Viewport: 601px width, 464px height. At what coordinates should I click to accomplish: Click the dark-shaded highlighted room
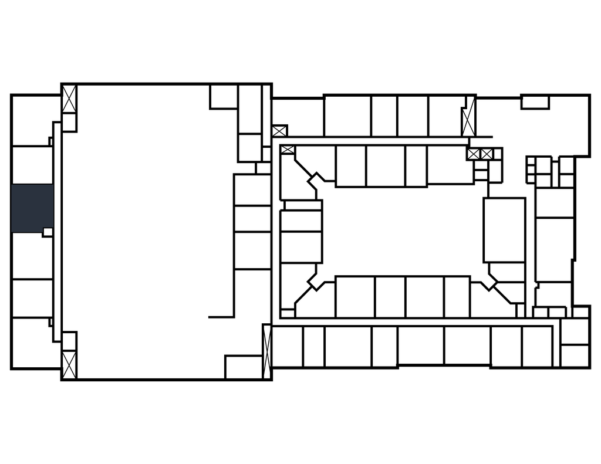coord(32,208)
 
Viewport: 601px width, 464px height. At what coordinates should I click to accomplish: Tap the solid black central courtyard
coord(403,230)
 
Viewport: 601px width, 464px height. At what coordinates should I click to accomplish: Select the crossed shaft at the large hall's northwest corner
coord(69,99)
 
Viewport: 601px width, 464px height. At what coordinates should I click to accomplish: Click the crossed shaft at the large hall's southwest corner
coord(69,364)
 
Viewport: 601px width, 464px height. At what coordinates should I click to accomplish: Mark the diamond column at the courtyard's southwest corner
coord(316,282)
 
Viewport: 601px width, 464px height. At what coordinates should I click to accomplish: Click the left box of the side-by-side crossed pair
coord(474,154)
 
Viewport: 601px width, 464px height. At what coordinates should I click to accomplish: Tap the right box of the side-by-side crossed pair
coord(487,154)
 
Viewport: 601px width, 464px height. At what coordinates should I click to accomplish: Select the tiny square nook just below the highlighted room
coord(48,232)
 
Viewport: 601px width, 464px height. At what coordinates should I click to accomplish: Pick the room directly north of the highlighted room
coord(32,164)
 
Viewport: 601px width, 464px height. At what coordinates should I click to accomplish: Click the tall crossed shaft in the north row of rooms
coord(468,120)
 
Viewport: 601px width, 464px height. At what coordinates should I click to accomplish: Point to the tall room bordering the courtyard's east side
coord(504,230)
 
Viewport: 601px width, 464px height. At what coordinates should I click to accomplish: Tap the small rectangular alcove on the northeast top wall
coord(535,103)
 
